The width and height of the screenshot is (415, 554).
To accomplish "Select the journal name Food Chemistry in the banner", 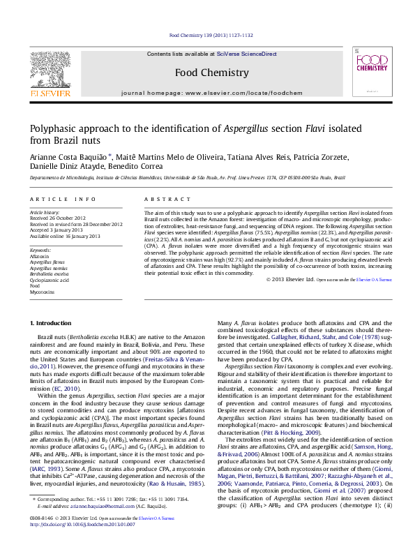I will [211, 73].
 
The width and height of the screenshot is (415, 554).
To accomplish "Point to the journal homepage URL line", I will [211, 93].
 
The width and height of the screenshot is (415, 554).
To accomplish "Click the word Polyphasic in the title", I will [50, 128].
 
